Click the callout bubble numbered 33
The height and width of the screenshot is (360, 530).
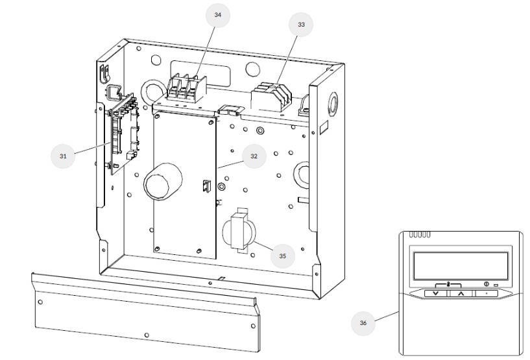tap(300, 24)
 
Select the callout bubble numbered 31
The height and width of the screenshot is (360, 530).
tap(63, 156)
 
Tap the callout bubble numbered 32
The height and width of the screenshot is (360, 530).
tap(254, 156)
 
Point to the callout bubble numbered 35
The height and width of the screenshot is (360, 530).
tap(282, 256)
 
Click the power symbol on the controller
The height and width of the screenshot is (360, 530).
tap(486, 284)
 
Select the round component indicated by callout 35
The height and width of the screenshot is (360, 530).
tap(239, 232)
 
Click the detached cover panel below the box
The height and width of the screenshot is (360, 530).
tap(143, 311)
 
